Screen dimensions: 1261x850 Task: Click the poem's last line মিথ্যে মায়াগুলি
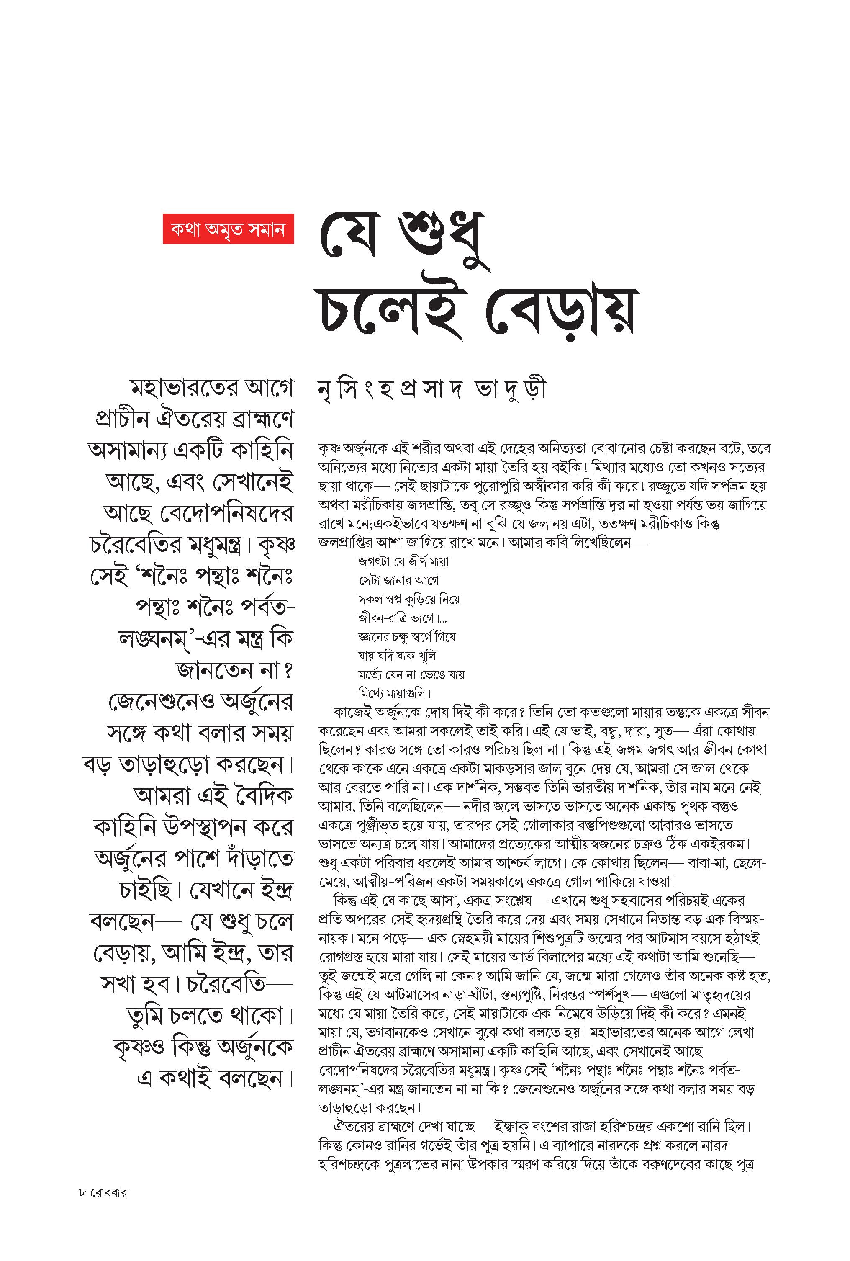[394, 693]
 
